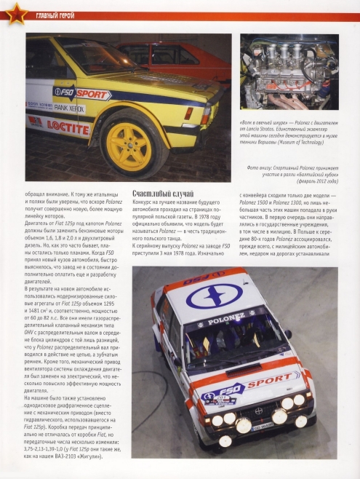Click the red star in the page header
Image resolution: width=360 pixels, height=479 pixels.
(12, 12)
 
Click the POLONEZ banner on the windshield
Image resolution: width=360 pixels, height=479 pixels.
(225, 319)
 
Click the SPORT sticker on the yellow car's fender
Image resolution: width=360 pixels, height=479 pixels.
(93, 95)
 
